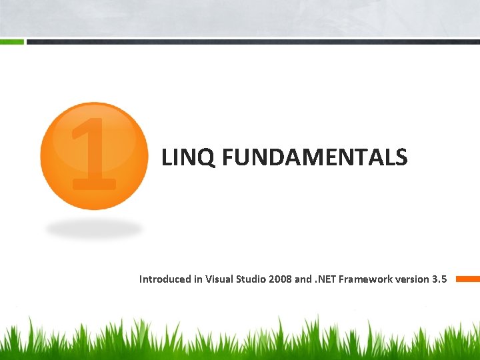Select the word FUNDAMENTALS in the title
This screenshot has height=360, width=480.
[x=313, y=157]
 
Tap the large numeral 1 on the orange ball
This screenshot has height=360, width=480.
[x=94, y=153]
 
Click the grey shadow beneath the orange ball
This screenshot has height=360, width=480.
[x=94, y=229]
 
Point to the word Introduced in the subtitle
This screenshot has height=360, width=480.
[x=165, y=279]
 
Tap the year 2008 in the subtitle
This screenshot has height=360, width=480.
[x=280, y=279]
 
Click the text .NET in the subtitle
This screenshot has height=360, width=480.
[x=325, y=279]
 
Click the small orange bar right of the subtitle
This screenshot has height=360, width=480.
[x=467, y=279]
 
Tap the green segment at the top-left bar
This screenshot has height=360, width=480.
[x=12, y=42]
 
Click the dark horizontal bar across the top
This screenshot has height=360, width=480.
[x=253, y=42]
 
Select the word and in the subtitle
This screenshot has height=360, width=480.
[x=303, y=279]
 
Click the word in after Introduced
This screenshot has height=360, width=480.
[x=198, y=279]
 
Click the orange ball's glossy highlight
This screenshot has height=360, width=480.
[x=94, y=133]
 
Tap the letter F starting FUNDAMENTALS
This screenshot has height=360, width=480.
[x=227, y=157]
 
